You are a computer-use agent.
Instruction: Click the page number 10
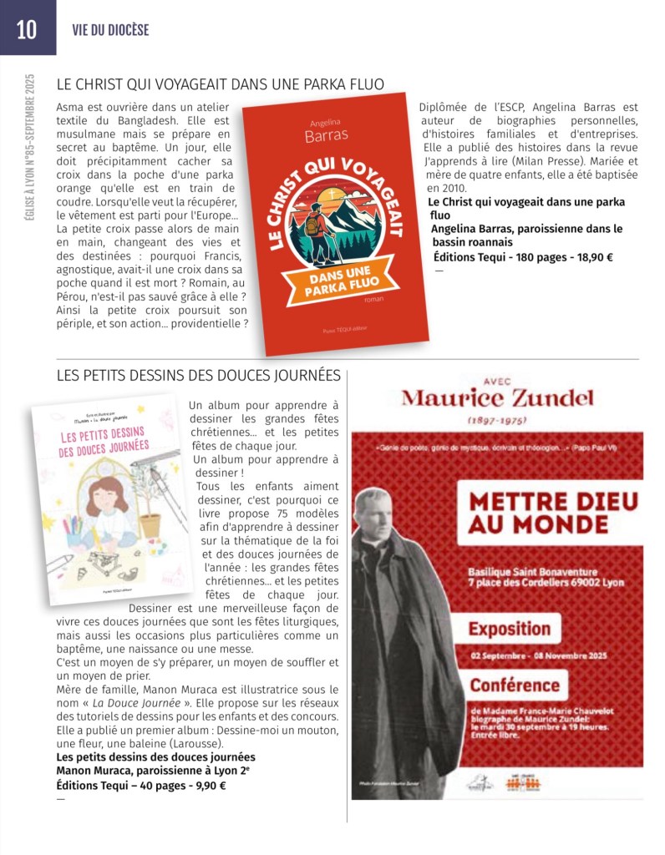point(27,29)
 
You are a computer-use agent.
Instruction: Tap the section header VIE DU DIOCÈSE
point(110,30)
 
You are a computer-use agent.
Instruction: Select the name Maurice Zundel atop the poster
point(497,397)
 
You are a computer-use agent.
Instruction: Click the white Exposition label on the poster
point(509,628)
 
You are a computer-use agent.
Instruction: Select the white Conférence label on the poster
point(514,686)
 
